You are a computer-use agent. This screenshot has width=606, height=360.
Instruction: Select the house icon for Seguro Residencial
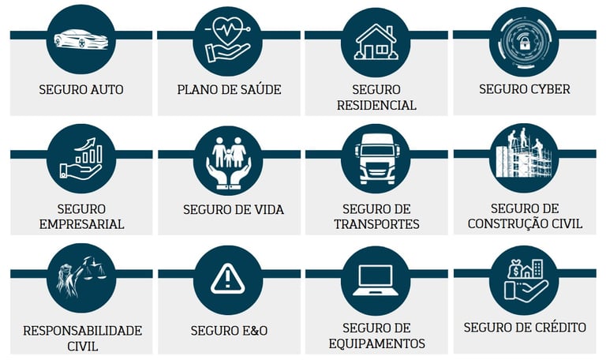(x=376, y=42)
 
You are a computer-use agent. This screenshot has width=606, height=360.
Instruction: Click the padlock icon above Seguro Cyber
(x=524, y=39)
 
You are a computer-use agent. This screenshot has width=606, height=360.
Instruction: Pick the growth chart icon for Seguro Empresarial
(x=81, y=159)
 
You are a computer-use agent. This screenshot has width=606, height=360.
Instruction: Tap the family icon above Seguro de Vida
(x=227, y=160)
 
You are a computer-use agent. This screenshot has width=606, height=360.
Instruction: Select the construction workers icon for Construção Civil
(x=524, y=156)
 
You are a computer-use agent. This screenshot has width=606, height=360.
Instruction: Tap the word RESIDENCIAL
(x=376, y=105)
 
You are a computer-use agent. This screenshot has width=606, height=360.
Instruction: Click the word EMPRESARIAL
(x=81, y=224)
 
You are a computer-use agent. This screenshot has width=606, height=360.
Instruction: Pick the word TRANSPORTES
(x=376, y=224)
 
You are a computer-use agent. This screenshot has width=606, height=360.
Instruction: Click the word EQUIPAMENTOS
(x=376, y=343)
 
